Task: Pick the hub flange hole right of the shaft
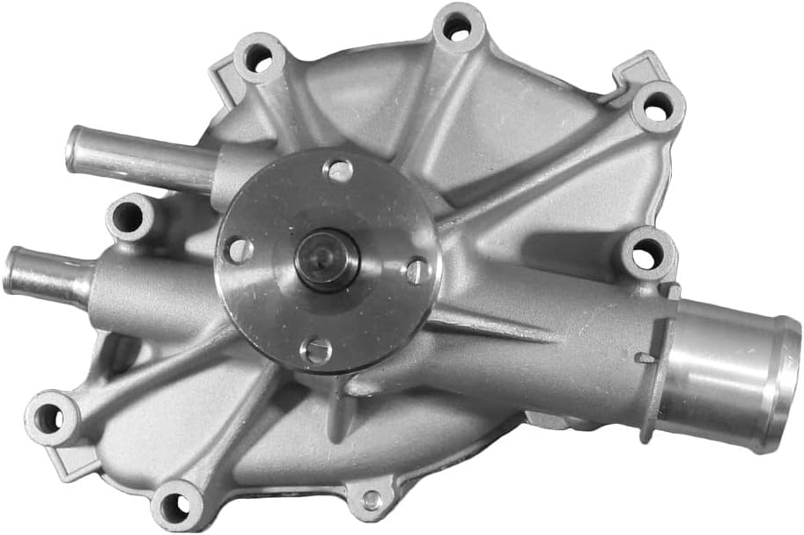(x=417, y=270)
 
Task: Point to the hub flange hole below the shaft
(x=315, y=351)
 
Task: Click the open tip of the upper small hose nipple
(x=74, y=147)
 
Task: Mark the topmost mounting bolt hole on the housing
(x=456, y=27)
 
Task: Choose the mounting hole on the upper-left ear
(x=258, y=58)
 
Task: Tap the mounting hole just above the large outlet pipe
(x=645, y=255)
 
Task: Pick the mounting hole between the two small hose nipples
(x=129, y=216)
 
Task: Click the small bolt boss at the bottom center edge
(x=372, y=500)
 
